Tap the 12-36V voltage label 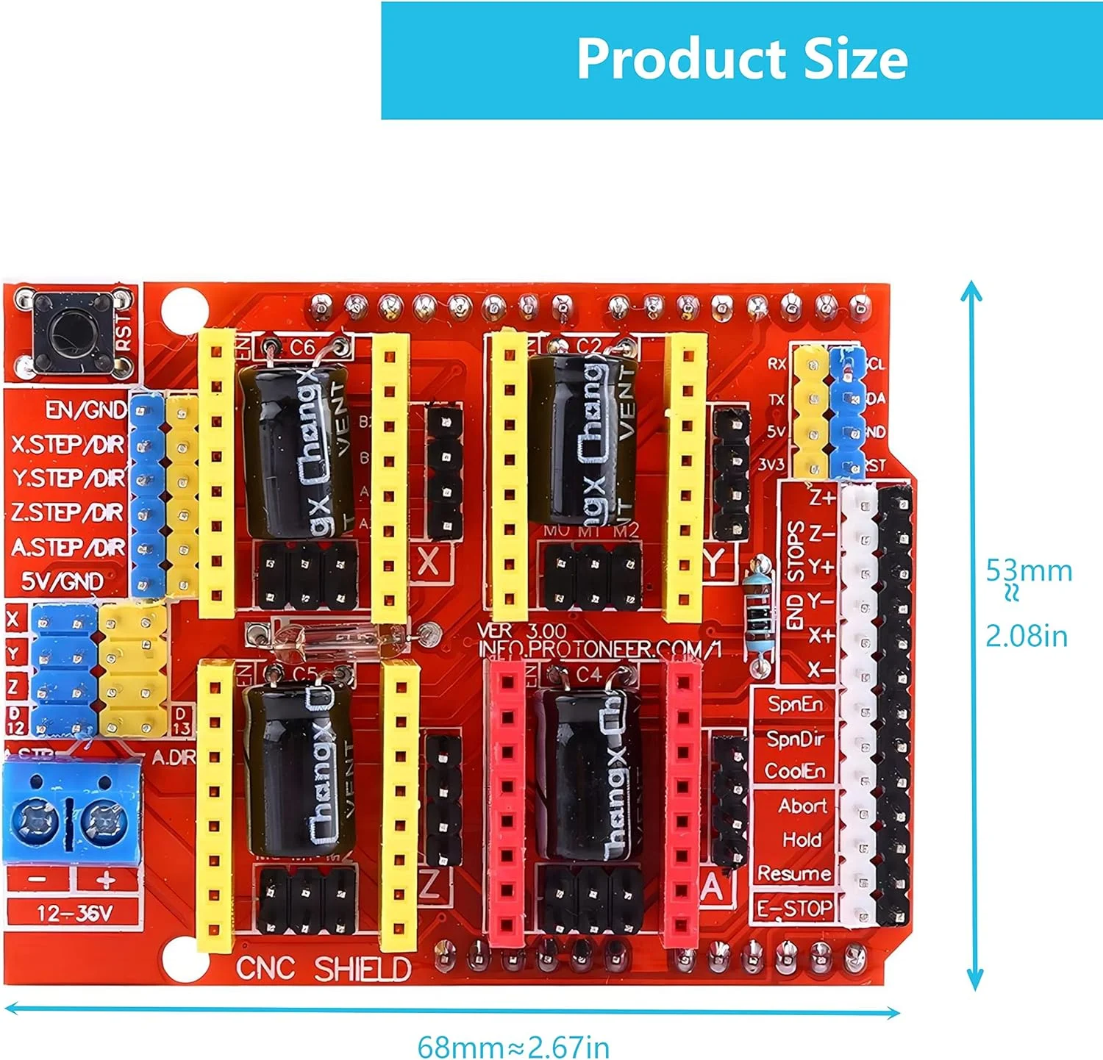click(x=74, y=914)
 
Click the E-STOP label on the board click(x=795, y=909)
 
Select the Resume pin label click(x=794, y=873)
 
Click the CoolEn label click(x=795, y=771)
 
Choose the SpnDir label click(x=795, y=738)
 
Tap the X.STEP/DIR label click(x=68, y=445)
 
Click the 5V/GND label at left click(x=62, y=581)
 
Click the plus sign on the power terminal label click(x=107, y=879)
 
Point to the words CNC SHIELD click(x=324, y=970)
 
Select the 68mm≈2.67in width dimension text click(x=513, y=1046)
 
